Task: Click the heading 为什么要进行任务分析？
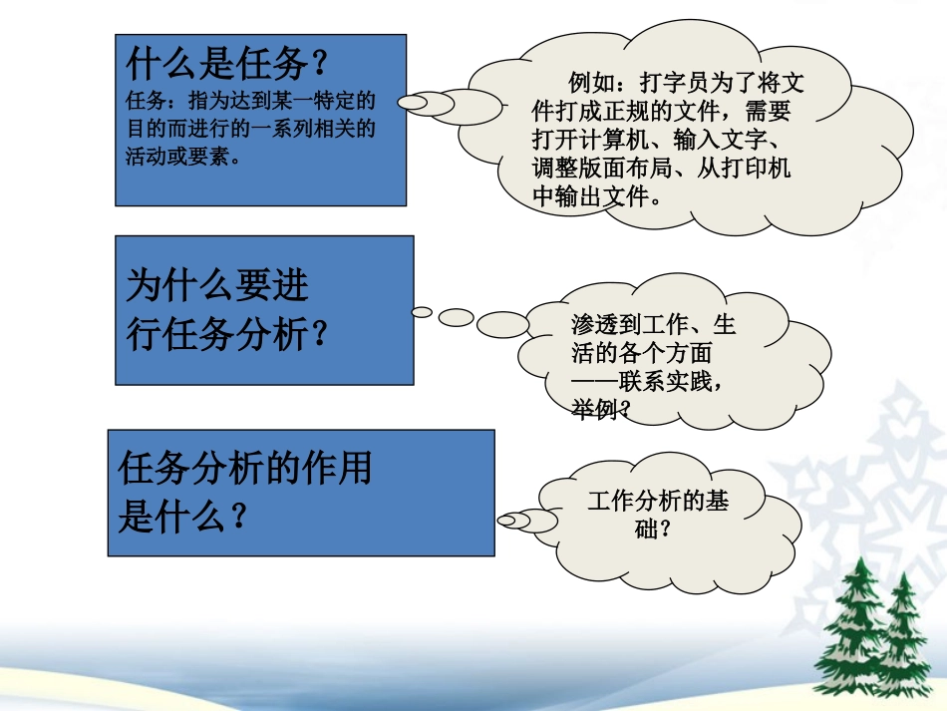point(227,310)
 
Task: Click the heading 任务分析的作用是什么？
point(244,491)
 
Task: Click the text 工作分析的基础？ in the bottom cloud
point(658,513)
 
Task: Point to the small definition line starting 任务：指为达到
point(250,100)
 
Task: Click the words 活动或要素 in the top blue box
point(183,157)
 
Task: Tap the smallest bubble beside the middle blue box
point(423,312)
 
